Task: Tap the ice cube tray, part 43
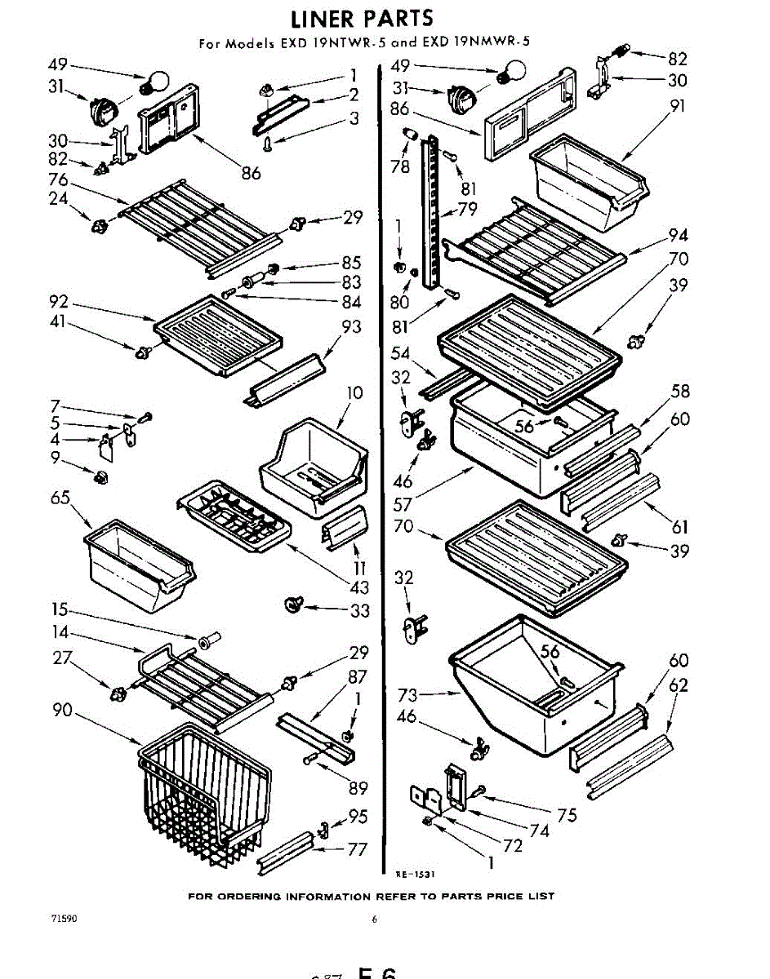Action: (x=233, y=516)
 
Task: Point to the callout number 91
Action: (x=678, y=106)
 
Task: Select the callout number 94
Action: (x=678, y=236)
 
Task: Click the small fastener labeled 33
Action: (x=291, y=605)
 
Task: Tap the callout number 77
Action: (x=358, y=849)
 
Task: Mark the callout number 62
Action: (x=678, y=685)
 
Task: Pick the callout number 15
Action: (x=59, y=610)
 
